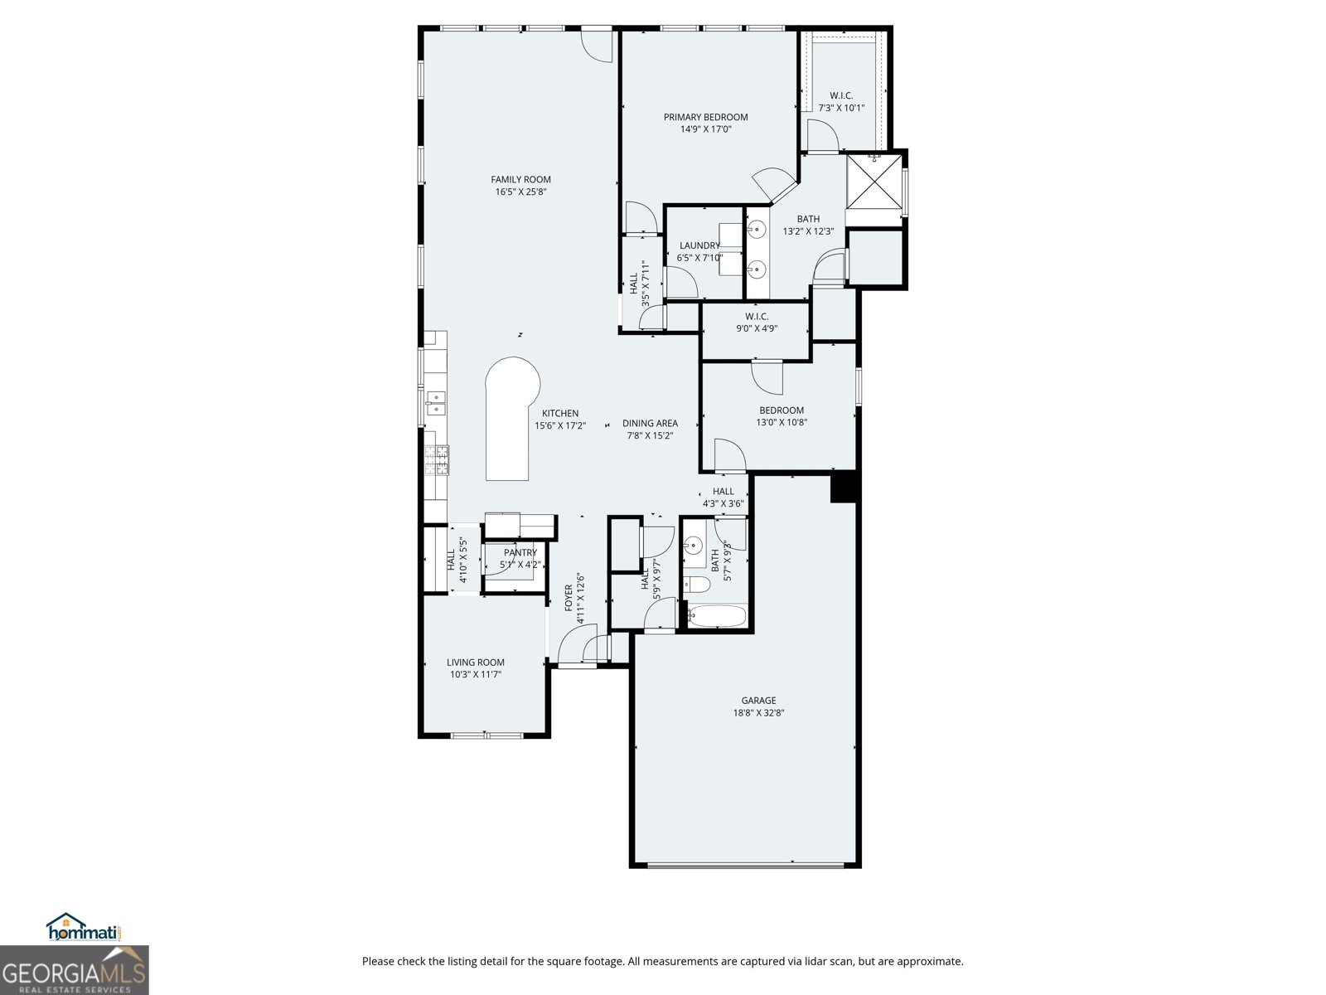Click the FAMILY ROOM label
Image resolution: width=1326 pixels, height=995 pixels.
point(520,179)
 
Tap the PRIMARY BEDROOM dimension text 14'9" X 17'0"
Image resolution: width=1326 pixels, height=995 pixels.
point(705,129)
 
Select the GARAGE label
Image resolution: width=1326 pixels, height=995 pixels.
point(758,701)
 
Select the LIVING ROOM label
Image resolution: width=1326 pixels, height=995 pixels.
point(476,663)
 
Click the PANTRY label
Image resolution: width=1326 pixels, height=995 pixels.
point(520,553)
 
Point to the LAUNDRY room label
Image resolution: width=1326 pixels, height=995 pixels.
point(699,245)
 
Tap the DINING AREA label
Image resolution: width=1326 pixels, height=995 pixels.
point(650,423)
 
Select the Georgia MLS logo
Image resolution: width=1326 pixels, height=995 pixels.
point(74,971)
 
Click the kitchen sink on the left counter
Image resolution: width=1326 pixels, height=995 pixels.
point(435,403)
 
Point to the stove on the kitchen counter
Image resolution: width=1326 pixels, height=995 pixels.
point(437,460)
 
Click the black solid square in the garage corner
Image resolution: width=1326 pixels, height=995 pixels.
point(843,487)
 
